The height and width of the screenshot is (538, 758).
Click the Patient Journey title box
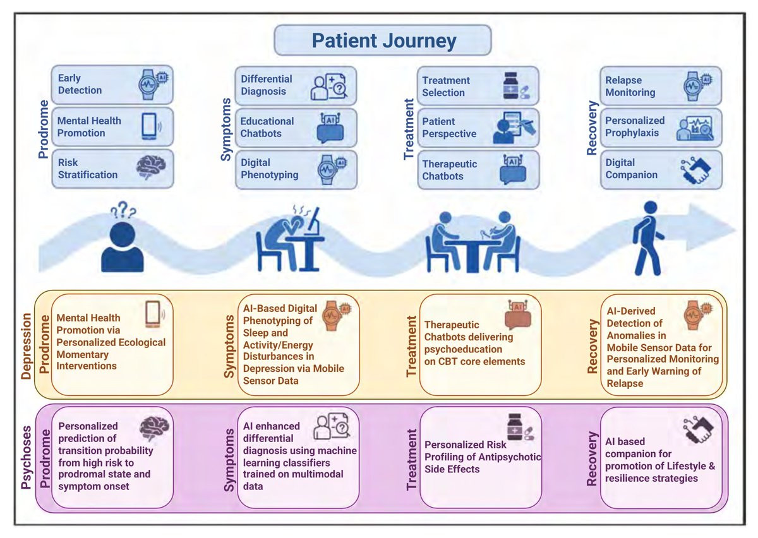click(383, 40)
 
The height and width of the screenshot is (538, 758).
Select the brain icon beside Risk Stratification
click(152, 169)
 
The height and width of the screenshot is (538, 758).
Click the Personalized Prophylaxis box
click(660, 127)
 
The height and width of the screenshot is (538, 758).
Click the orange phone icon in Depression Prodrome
click(153, 314)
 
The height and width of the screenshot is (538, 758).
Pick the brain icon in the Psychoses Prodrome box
click(154, 429)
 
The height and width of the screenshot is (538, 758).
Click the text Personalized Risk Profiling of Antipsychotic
click(483, 450)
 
